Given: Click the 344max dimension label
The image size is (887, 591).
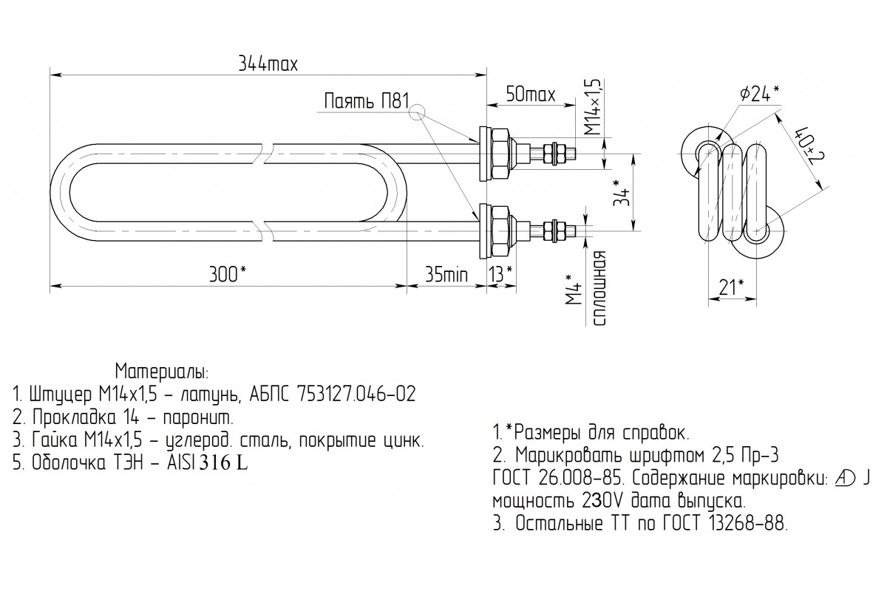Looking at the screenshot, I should point(268,64).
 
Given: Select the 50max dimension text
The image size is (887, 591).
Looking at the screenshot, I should point(530,95).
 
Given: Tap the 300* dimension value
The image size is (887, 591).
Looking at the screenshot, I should point(229,275).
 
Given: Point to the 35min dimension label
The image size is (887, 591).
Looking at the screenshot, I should point(446,275).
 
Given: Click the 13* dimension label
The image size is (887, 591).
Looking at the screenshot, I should point(500,275).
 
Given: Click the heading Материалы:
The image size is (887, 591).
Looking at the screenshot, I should point(162,369).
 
